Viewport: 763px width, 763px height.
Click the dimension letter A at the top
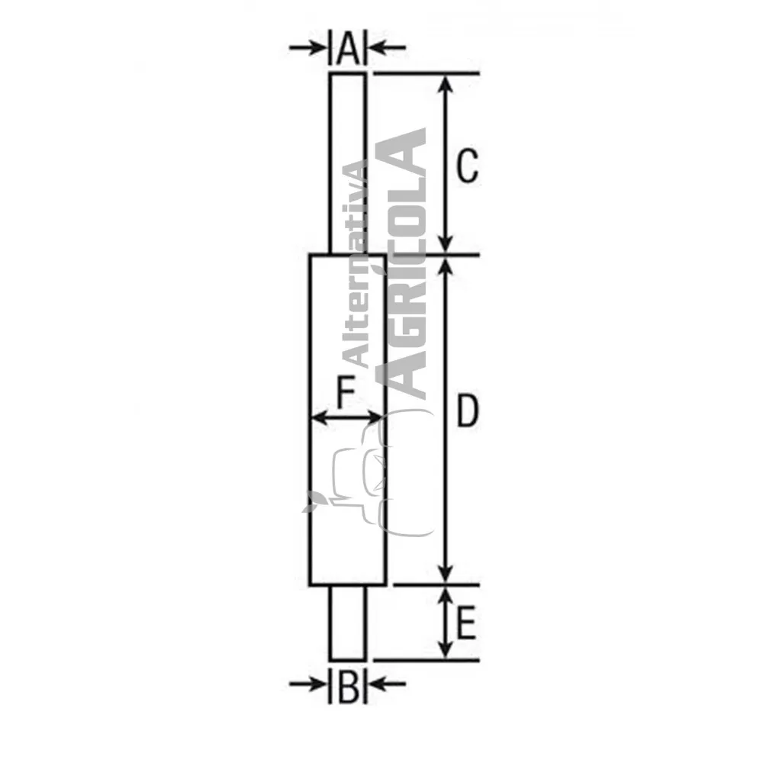coord(348,48)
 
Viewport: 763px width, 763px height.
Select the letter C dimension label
coord(467,166)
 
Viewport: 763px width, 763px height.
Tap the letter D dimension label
coord(467,411)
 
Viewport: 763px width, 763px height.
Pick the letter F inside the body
coord(346,393)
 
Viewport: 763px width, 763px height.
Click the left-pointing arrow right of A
coord(386,47)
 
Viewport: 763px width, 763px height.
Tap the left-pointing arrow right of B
coord(386,684)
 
